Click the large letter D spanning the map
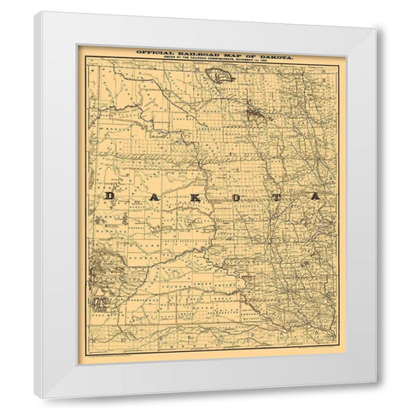(109, 196)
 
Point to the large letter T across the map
(278, 196)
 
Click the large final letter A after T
(316, 196)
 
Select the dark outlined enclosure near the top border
(222, 76)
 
